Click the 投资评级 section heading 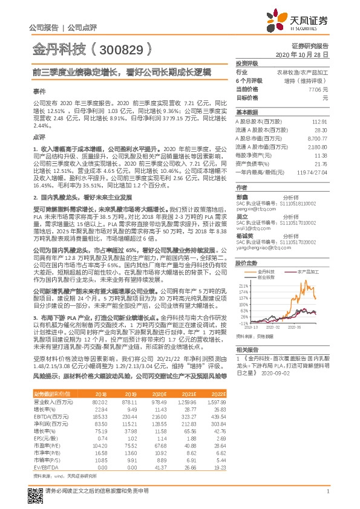247,63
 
